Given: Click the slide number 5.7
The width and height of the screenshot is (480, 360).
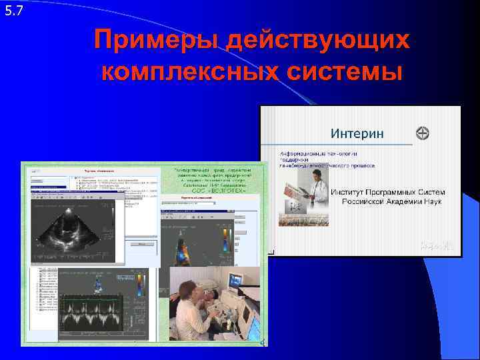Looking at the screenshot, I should tap(13, 10).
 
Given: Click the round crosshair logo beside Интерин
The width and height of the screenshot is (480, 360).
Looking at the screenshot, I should tap(422, 133).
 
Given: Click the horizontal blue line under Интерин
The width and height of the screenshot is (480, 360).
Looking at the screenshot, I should tap(337, 145).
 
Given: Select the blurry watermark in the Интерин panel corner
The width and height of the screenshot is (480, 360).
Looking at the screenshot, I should tap(437, 246).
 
